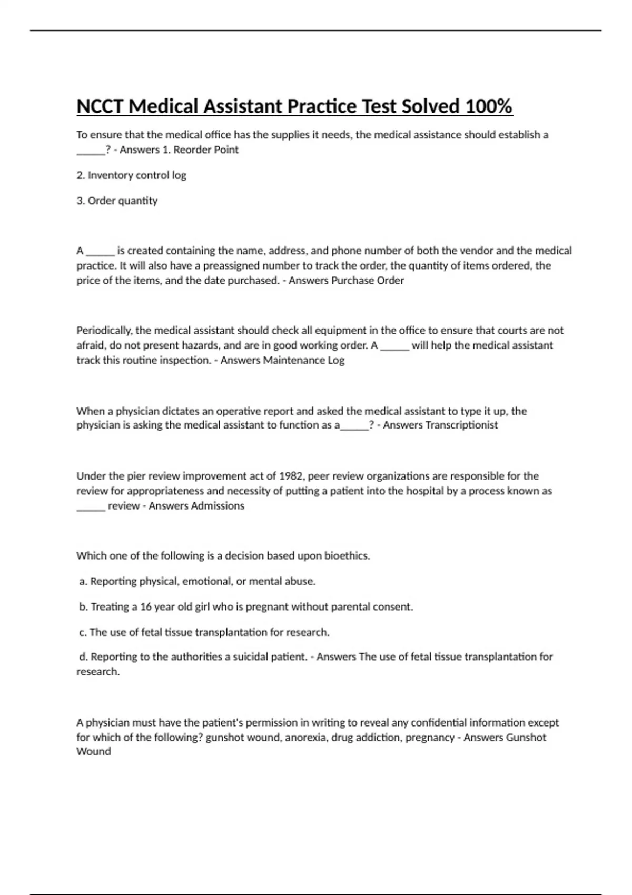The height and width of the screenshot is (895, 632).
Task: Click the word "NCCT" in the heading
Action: coord(100,106)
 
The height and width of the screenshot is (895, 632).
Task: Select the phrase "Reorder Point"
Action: coord(206,150)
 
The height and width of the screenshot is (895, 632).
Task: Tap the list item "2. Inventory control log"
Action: coord(131,175)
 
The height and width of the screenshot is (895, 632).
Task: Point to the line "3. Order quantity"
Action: coord(117,201)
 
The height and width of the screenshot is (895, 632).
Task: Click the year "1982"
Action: coord(291,476)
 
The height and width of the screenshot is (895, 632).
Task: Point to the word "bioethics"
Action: coord(347,556)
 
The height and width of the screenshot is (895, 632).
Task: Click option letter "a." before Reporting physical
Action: coord(83,581)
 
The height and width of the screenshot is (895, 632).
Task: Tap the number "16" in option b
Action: coord(146,607)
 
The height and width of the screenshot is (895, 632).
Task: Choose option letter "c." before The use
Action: coord(83,632)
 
